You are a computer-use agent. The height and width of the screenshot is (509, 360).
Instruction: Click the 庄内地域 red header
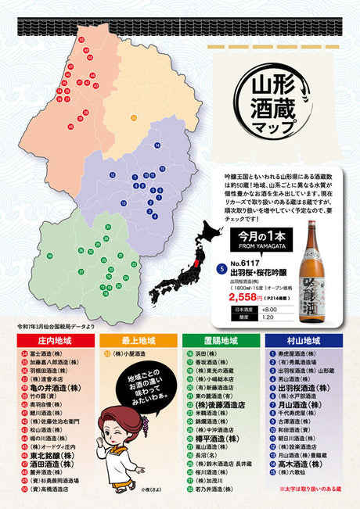56,341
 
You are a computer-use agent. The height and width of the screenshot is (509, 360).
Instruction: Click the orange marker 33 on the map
134,118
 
